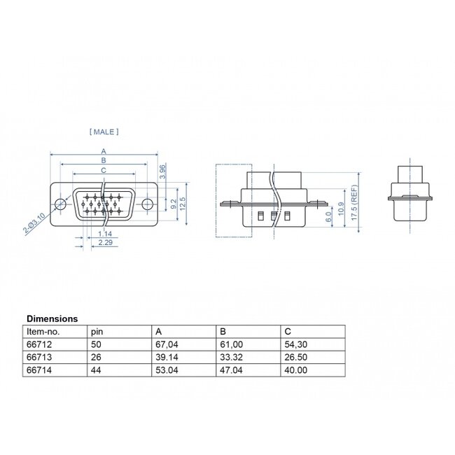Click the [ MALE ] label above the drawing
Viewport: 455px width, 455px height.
click(104, 131)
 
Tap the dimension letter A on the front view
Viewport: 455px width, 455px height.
click(104, 150)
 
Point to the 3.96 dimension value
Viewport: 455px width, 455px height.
click(162, 171)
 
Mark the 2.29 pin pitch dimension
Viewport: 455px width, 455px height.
click(106, 242)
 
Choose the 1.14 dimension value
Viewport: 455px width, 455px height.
click(106, 233)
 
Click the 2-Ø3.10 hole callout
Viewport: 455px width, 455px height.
click(34, 223)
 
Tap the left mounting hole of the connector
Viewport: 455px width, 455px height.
click(61, 204)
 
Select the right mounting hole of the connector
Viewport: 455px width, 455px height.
click(148, 204)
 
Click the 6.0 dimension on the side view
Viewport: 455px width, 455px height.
click(329, 217)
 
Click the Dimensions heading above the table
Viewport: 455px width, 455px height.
click(52, 318)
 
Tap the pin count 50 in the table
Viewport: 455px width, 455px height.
click(95, 344)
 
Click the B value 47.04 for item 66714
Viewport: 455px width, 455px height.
click(231, 369)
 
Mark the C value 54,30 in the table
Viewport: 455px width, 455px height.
click(295, 344)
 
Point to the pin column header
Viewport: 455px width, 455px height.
click(95, 331)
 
